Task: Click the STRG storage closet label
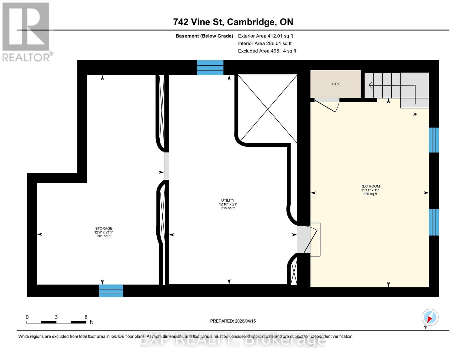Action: pos(335,84)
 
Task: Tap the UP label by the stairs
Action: pos(415,114)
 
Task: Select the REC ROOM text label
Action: pos(370,186)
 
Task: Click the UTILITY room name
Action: pos(228,200)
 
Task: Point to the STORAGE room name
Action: pos(104,228)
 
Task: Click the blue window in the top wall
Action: pos(210,67)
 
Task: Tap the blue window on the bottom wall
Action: pos(111,291)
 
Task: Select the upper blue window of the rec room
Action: pos(434,140)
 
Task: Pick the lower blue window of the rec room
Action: pos(434,222)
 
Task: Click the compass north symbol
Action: pos(430,318)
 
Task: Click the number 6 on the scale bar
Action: pos(86,317)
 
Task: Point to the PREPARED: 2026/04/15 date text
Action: pos(233,321)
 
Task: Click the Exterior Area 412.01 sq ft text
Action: pos(265,36)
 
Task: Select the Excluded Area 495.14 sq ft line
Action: pos(267,51)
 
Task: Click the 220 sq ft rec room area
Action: pos(370,194)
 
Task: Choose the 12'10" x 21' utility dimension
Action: pos(228,204)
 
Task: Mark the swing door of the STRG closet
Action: pos(327,105)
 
